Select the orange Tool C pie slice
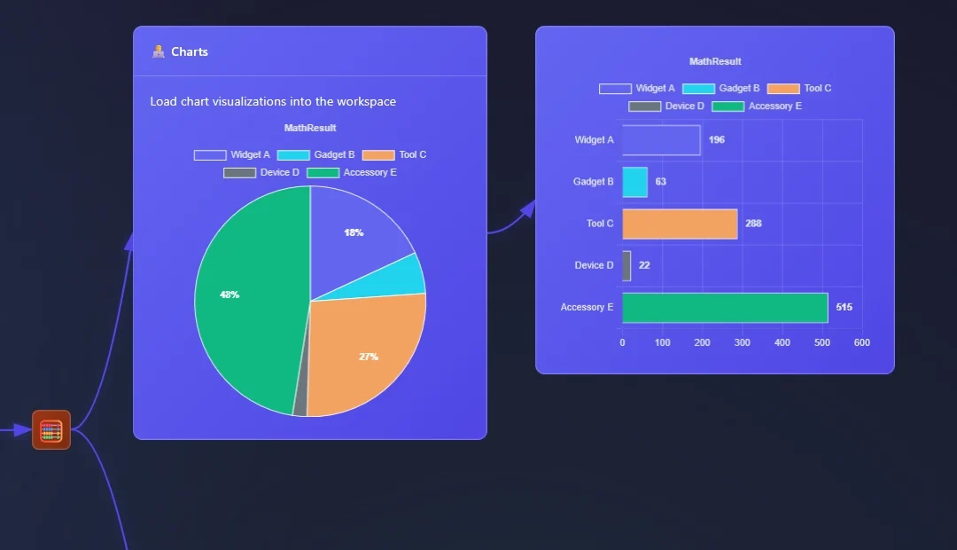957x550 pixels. point(363,355)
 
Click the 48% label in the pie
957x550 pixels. point(230,295)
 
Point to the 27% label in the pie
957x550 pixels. point(369,357)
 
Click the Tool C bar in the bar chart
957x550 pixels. point(680,224)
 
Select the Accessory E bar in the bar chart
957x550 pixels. point(725,308)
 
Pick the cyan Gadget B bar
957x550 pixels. point(634,182)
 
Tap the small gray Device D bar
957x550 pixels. point(626,265)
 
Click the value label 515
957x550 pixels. point(844,307)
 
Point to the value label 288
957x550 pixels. point(753,224)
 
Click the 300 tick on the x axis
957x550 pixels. point(743,342)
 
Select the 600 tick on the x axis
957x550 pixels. point(861,342)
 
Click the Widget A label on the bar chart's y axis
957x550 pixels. point(594,140)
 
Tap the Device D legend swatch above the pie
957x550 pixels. point(239,172)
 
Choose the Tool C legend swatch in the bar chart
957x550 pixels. point(783,89)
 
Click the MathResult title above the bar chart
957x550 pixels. point(715,61)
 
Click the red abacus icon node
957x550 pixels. point(51,430)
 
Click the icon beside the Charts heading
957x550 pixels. point(159,51)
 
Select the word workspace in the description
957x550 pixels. point(364,102)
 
